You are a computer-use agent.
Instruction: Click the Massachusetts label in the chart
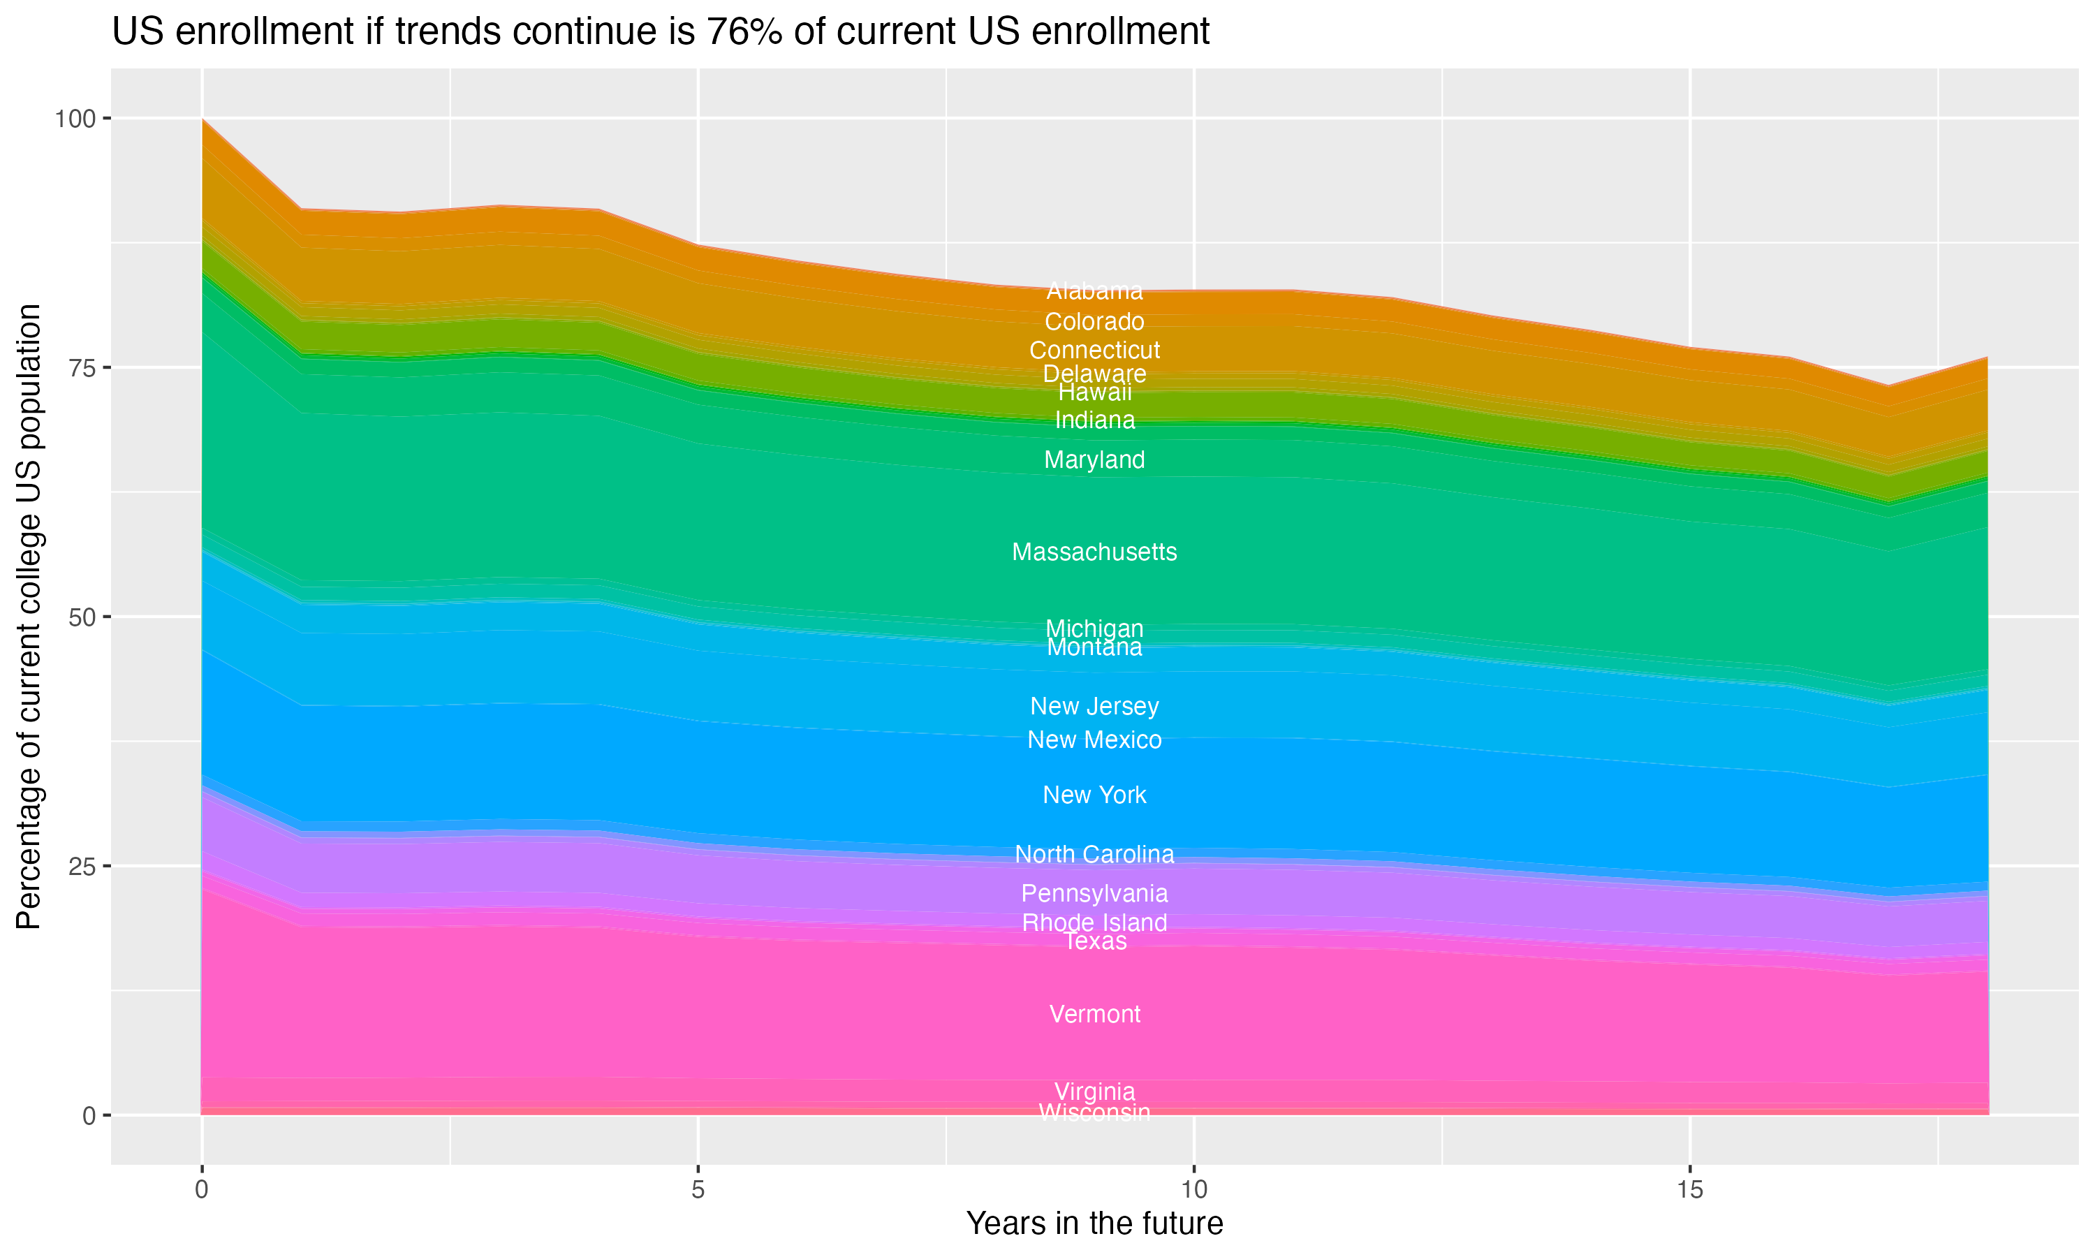[x=1094, y=552]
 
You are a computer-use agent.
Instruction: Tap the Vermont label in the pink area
[x=1094, y=1014]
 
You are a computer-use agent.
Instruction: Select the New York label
[x=1094, y=795]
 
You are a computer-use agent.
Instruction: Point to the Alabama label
[x=1094, y=291]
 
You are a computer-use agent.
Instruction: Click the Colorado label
[x=1094, y=322]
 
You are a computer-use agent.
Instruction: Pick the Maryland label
[x=1094, y=460]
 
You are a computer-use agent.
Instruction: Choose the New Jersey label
[x=1094, y=707]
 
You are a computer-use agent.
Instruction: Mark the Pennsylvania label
[x=1094, y=894]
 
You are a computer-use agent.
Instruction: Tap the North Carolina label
[x=1094, y=855]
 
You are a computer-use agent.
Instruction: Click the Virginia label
[x=1094, y=1091]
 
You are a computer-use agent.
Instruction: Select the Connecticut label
[x=1094, y=350]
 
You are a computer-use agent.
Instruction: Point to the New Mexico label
[x=1094, y=740]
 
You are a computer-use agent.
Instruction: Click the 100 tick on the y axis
[x=75, y=119]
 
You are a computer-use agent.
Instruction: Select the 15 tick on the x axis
[x=1689, y=1191]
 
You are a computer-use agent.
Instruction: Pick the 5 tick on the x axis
[x=698, y=1191]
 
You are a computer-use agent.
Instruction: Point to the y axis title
[x=29, y=617]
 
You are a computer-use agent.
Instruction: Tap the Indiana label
[x=1094, y=420]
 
